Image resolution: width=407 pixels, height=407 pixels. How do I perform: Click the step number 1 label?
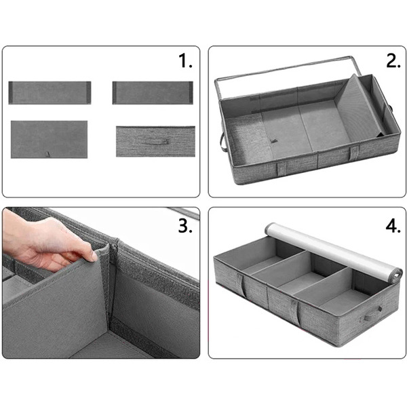point(185,61)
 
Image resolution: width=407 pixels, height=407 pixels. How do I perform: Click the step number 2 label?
point(393,61)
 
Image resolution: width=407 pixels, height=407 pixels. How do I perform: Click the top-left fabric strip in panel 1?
point(50,93)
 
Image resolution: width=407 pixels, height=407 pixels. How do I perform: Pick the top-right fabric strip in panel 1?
point(153,93)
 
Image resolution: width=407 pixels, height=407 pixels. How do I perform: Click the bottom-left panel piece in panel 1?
point(49,139)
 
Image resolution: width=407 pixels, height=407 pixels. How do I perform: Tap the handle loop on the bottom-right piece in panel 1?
point(157,142)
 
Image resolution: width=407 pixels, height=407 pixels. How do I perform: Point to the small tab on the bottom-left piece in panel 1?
point(47,154)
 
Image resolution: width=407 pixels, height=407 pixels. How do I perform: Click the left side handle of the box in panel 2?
point(222,142)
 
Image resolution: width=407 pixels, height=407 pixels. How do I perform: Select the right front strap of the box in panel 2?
point(354,153)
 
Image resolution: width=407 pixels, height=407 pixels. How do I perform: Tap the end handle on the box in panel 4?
point(371,315)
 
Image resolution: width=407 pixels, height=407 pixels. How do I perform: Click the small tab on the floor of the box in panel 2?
point(273,140)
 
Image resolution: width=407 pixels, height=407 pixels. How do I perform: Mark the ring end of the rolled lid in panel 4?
point(395,276)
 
